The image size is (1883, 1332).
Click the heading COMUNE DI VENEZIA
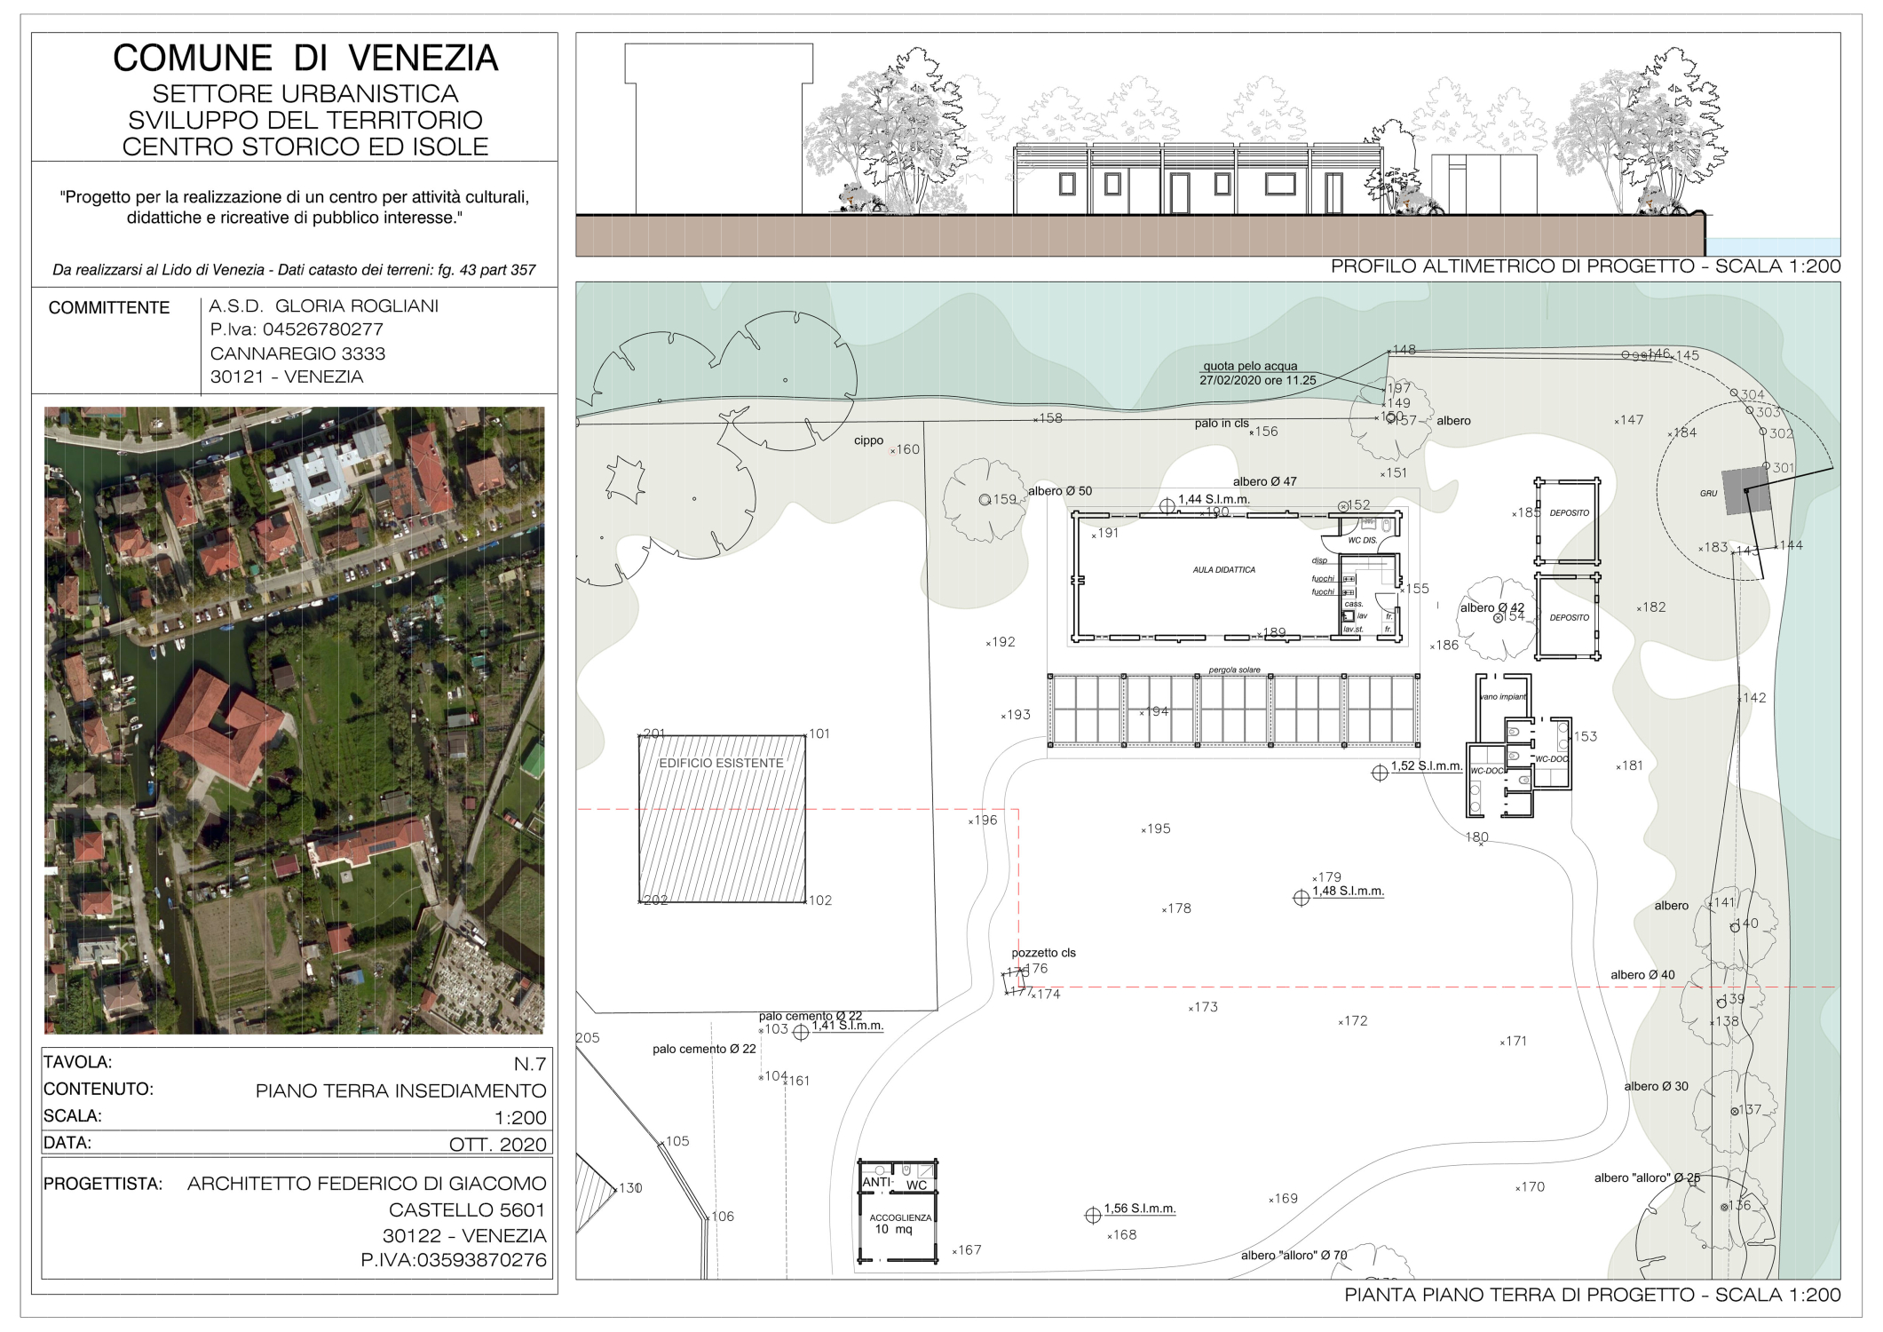coord(305,59)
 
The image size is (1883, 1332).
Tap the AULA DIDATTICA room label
coord(1223,570)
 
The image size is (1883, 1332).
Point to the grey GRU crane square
coord(1746,491)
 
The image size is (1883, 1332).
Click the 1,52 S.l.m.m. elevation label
coord(1426,765)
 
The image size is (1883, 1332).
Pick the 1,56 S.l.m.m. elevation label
coord(1139,1209)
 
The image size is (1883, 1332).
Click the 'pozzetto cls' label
coord(1043,953)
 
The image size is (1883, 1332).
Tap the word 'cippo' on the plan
coord(868,440)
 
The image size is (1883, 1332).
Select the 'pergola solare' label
coord(1233,670)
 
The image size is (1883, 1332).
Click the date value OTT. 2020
coord(497,1145)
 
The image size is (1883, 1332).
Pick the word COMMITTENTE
coord(109,308)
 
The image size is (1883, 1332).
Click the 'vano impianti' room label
coord(1502,697)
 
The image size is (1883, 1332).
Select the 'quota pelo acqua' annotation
coord(1249,366)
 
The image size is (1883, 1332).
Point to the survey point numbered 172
coord(1354,1021)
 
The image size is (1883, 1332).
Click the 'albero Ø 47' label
coord(1264,481)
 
